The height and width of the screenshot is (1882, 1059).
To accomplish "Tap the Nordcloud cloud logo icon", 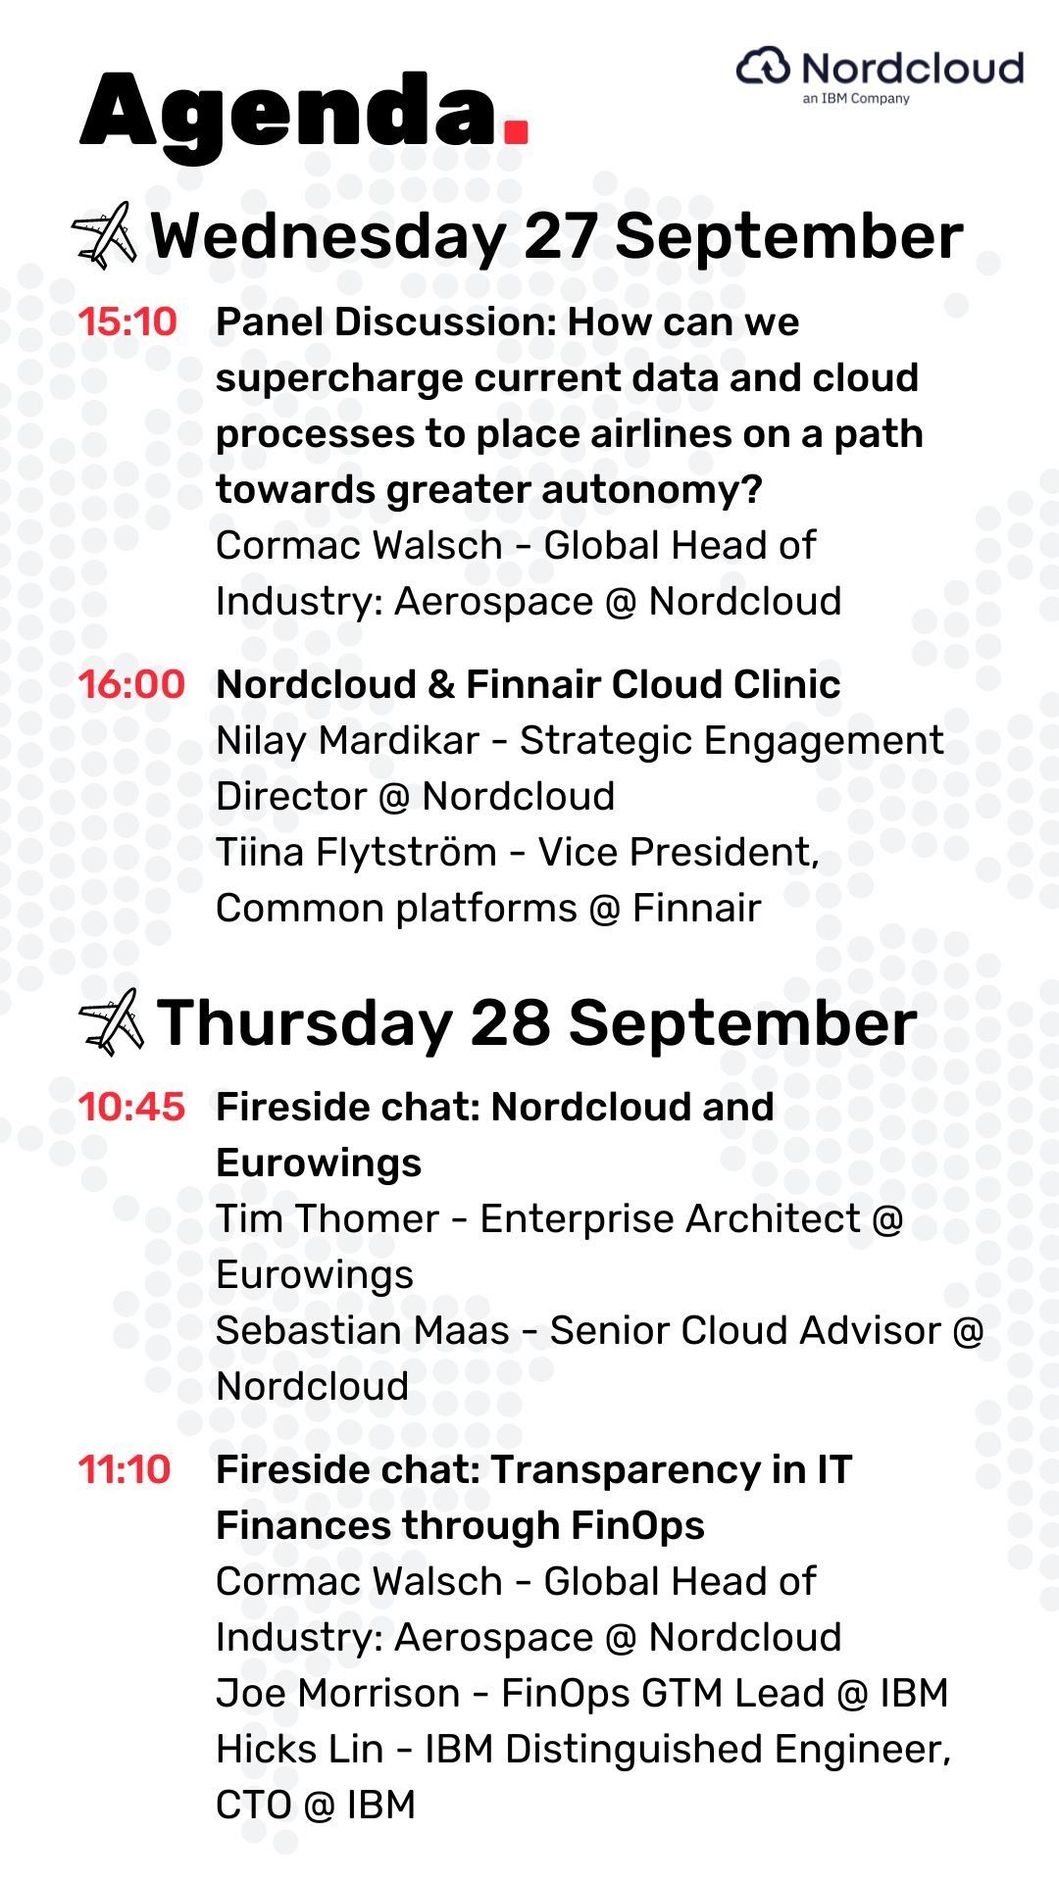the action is (763, 67).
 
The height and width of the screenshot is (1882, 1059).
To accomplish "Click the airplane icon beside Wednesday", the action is (104, 235).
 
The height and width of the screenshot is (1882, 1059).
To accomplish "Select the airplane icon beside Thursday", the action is (111, 1021).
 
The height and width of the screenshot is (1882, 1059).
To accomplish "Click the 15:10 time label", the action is (127, 322).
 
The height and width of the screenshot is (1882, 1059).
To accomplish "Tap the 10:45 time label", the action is (131, 1108).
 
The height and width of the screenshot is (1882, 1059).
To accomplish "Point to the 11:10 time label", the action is (125, 1470).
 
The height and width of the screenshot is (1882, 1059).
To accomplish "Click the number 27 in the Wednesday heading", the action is (560, 236).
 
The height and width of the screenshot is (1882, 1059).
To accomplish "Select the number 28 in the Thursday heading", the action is (510, 1022).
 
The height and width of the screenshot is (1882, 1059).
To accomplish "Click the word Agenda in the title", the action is (288, 116).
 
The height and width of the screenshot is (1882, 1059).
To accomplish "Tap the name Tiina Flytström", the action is (356, 853).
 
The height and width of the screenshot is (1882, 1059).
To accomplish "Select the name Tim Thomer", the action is (328, 1219).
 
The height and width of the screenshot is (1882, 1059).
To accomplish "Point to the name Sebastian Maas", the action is (363, 1331).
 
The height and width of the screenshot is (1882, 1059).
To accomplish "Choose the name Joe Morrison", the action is (338, 1694).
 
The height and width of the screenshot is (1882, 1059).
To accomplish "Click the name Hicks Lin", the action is (299, 1750).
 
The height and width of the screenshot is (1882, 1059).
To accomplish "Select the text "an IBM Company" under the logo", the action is (856, 98).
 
